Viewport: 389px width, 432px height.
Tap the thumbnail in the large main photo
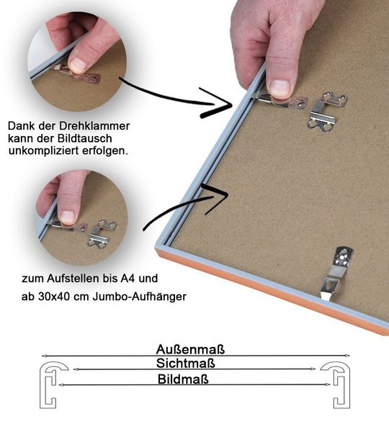[280, 87]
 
